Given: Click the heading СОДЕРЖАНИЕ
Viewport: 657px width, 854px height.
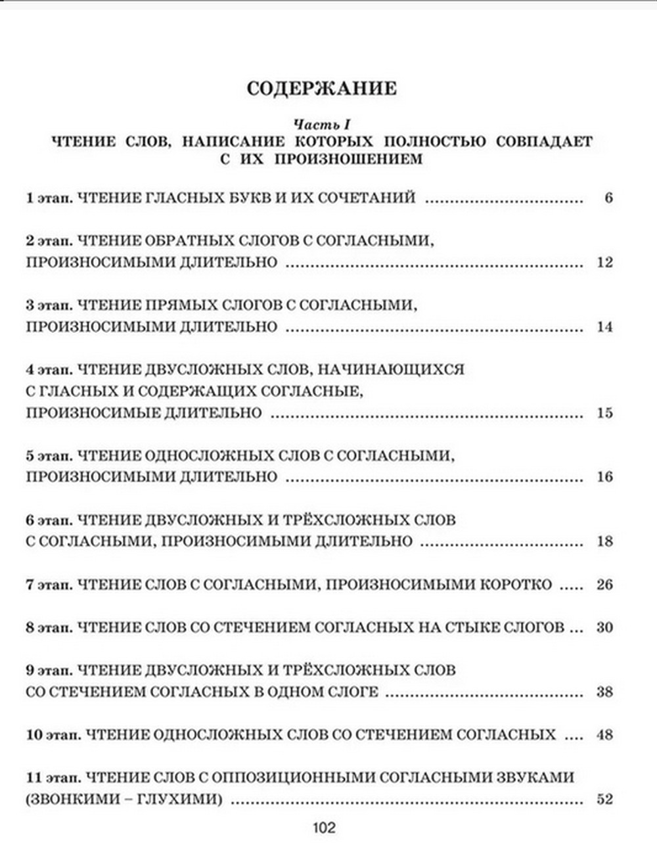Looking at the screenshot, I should [321, 89].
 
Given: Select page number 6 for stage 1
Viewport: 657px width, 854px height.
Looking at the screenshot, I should [608, 198].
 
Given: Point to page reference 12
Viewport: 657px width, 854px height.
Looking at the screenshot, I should [604, 262].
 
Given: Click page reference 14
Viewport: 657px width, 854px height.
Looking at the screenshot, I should [604, 326].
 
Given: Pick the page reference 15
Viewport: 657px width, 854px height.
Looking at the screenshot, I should [604, 413].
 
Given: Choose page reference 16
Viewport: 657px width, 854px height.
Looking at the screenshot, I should [604, 477].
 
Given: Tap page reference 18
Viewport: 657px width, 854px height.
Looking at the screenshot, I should [604, 541].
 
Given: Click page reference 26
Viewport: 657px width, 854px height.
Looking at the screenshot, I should [604, 584].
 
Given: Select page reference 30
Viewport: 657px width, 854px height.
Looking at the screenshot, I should [604, 627].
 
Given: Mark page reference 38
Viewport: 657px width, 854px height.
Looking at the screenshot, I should [604, 692].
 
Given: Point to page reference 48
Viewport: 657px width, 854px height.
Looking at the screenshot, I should [604, 734].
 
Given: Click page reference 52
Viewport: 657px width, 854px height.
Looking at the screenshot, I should [604, 799].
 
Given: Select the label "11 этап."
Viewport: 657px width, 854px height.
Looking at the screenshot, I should [53, 778].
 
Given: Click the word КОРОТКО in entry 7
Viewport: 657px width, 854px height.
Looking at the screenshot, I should [514, 584].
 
